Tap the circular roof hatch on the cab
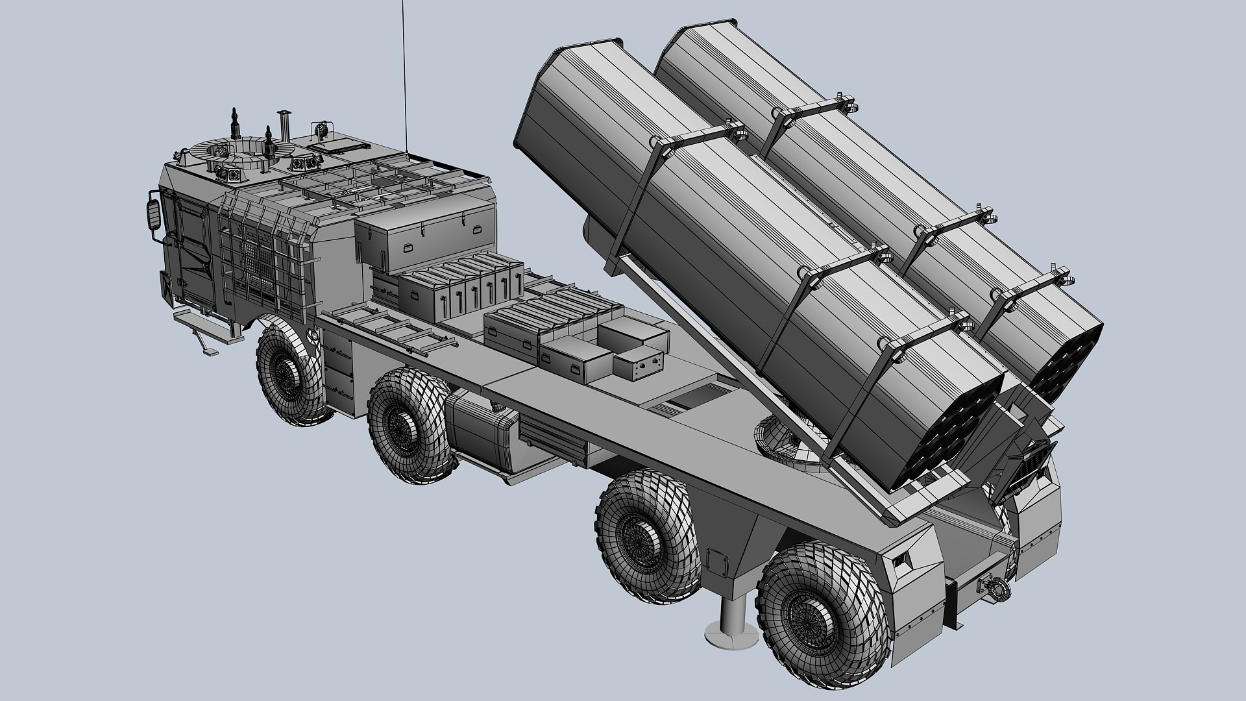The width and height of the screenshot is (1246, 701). (233, 152)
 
